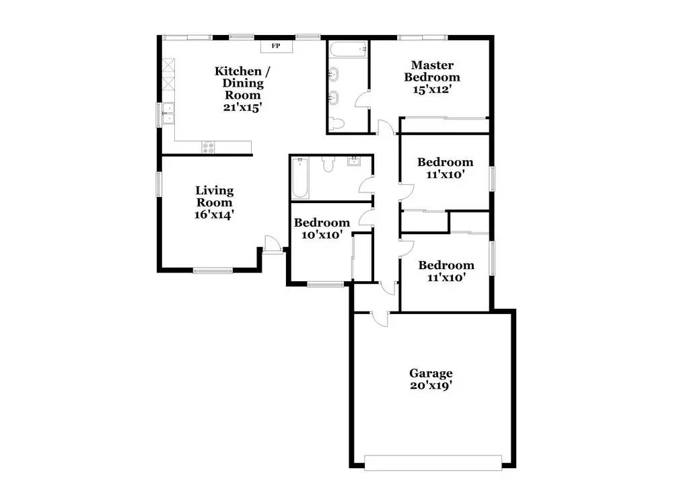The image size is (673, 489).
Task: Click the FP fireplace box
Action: (277, 46)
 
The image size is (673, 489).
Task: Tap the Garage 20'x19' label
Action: (431, 379)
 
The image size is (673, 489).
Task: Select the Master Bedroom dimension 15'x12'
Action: (432, 89)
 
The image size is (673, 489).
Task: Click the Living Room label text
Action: (214, 196)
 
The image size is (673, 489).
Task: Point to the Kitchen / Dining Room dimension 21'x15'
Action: (242, 107)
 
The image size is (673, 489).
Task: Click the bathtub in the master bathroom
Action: (348, 49)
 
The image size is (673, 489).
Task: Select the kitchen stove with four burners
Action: (209, 147)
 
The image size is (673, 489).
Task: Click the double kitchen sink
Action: (168, 113)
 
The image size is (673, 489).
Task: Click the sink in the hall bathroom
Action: (355, 161)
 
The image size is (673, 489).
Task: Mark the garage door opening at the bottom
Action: (433, 463)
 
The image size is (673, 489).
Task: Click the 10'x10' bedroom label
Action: (322, 229)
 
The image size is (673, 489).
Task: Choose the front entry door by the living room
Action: (272, 246)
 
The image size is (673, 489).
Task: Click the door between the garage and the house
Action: (379, 318)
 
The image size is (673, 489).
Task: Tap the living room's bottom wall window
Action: (213, 270)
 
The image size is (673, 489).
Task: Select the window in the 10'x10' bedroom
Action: (325, 284)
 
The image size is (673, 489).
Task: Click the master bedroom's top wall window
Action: (423, 38)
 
